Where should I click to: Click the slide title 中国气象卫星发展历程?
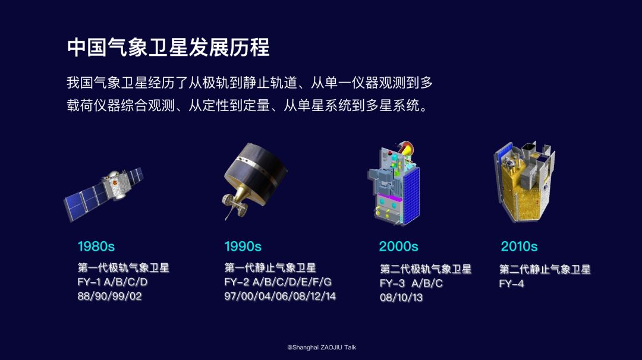pyautogui.click(x=168, y=48)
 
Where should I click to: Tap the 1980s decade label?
pyautogui.click(x=96, y=247)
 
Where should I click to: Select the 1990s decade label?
pyautogui.click(x=243, y=247)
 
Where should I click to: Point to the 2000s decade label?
pyautogui.click(x=398, y=247)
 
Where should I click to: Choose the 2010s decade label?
pyautogui.click(x=519, y=247)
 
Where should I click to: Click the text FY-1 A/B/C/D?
pyautogui.click(x=112, y=282)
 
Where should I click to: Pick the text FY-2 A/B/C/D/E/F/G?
pyautogui.click(x=278, y=282)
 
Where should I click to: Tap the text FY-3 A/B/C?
pyautogui.click(x=411, y=283)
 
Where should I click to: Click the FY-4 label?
pyautogui.click(x=511, y=283)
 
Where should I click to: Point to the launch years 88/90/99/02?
pyautogui.click(x=110, y=296)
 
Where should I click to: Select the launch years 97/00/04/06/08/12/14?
pyautogui.click(x=280, y=296)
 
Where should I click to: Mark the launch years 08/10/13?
pyautogui.click(x=401, y=298)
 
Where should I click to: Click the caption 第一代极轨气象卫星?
pyautogui.click(x=123, y=267)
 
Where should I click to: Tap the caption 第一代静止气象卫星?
pyautogui.click(x=270, y=267)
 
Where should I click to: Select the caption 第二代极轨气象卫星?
pyautogui.click(x=426, y=269)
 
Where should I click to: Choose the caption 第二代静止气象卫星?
pyautogui.click(x=545, y=269)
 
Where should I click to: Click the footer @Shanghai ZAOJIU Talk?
pyautogui.click(x=322, y=348)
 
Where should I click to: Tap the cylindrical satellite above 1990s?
pyautogui.click(x=254, y=178)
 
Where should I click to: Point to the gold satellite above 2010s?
pyautogui.click(x=524, y=182)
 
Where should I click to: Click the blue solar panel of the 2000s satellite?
pyautogui.click(x=411, y=194)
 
